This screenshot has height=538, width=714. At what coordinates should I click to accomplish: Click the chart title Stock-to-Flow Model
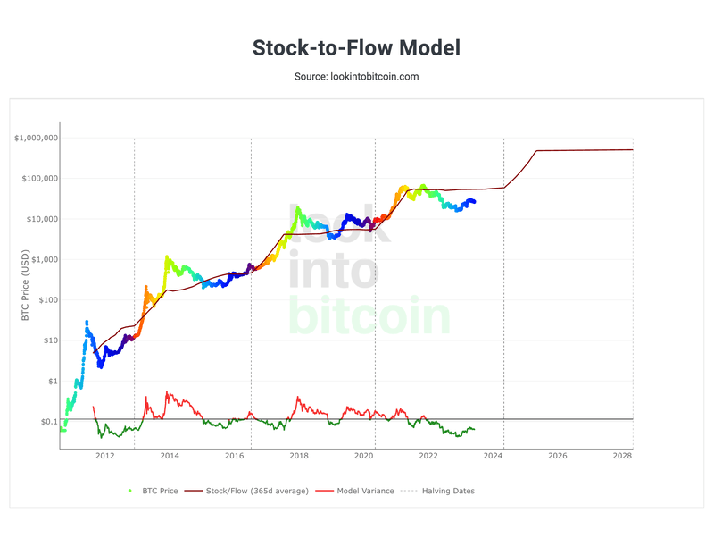(356, 47)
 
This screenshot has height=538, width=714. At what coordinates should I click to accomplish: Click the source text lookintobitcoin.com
(356, 77)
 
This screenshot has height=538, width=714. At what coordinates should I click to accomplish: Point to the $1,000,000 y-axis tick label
(37, 138)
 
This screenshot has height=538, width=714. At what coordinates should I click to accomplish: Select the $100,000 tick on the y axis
(39, 179)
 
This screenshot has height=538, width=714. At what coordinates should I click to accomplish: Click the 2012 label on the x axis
(104, 456)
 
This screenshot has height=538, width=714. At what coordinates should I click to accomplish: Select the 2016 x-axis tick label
(234, 456)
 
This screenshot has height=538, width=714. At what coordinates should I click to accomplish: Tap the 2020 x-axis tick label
(363, 456)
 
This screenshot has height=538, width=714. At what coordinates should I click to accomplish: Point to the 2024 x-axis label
(493, 456)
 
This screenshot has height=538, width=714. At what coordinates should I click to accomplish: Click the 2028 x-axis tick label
(622, 456)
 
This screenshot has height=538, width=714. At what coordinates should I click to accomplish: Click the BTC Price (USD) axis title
(25, 285)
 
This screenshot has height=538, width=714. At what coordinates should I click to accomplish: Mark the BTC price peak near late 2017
(297, 207)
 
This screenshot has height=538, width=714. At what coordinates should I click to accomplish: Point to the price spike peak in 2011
(87, 321)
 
